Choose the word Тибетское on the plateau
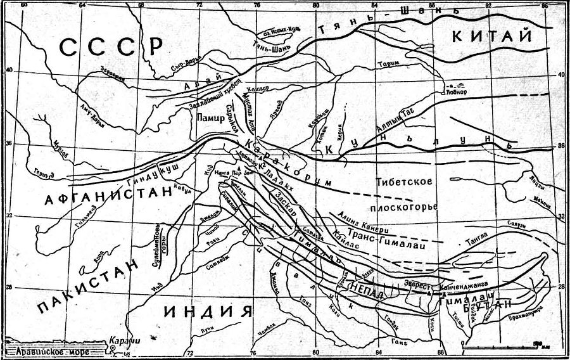point(403,182)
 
